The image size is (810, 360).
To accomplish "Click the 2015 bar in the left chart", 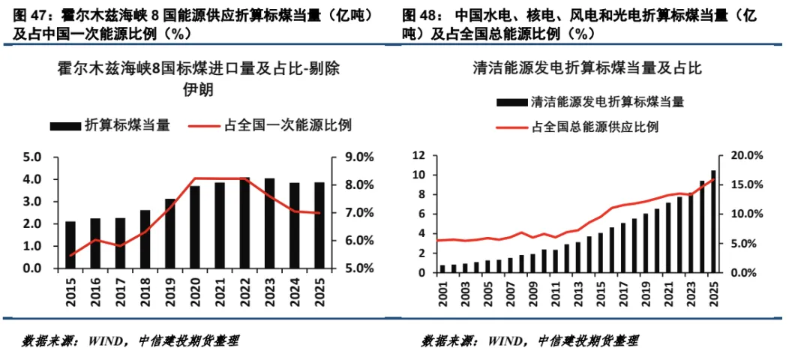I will [x=70, y=244].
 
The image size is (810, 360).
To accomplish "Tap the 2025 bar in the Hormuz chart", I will [x=319, y=225].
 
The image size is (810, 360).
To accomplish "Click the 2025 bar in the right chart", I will [x=712, y=221].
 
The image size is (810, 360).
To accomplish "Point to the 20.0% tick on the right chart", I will [x=747, y=156].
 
